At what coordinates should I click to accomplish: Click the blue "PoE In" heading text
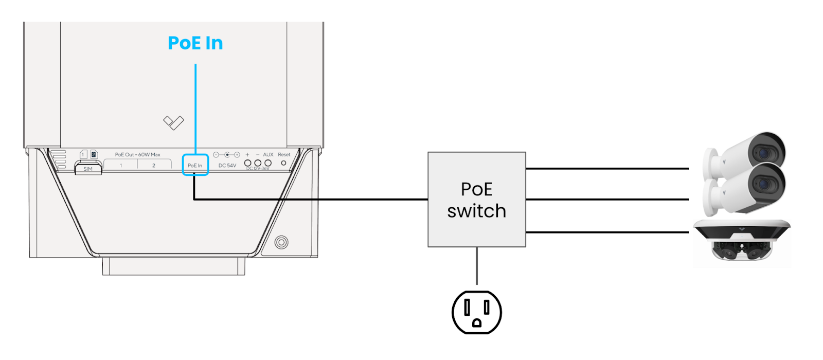click(195, 43)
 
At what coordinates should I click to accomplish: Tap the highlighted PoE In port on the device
click(195, 165)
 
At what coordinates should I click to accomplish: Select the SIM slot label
click(88, 169)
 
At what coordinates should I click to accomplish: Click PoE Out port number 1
click(121, 165)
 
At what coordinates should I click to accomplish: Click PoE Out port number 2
click(153, 165)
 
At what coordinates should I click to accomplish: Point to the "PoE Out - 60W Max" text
click(137, 154)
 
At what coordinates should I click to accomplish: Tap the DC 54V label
click(227, 166)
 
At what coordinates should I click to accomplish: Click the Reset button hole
click(283, 163)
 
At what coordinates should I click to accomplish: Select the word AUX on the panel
click(268, 154)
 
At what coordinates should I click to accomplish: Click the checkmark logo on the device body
click(173, 122)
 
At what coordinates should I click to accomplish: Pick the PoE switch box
click(476, 200)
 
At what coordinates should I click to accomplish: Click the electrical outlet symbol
click(476, 312)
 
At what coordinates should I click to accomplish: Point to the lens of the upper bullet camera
click(764, 153)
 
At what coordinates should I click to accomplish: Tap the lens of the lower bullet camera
click(764, 185)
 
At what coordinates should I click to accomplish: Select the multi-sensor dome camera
click(741, 242)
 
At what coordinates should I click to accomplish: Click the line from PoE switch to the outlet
click(477, 265)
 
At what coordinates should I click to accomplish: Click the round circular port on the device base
click(281, 242)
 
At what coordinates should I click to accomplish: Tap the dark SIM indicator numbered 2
click(94, 154)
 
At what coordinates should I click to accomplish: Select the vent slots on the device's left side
click(61, 159)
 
